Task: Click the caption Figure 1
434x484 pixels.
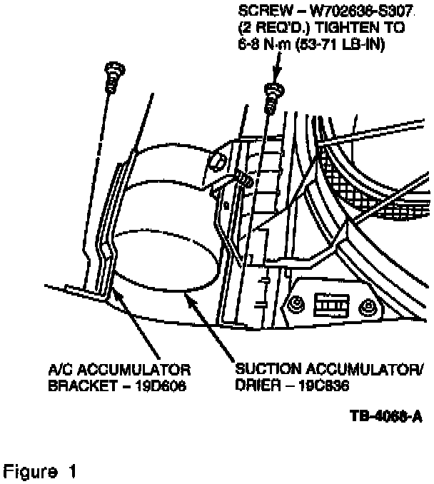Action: [40, 472]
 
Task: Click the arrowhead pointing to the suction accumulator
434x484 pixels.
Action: [191, 297]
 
